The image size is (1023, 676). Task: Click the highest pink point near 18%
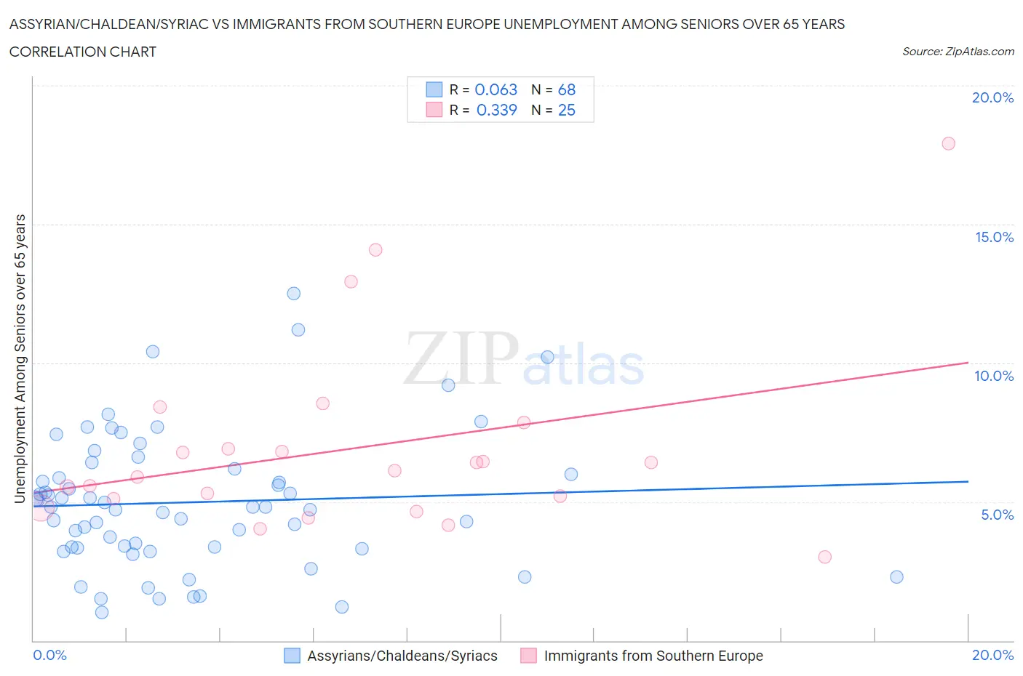pyautogui.click(x=948, y=143)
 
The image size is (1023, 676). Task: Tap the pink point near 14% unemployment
pyautogui.click(x=375, y=250)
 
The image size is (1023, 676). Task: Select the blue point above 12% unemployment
pyautogui.click(x=294, y=294)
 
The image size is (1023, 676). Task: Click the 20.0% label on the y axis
pyautogui.click(x=992, y=97)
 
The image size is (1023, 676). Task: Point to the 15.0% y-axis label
pyautogui.click(x=994, y=237)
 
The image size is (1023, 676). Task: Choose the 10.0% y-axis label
pyautogui.click(x=994, y=376)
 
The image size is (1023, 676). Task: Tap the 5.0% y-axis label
pyautogui.click(x=997, y=515)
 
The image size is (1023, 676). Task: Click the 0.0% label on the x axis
pyautogui.click(x=50, y=655)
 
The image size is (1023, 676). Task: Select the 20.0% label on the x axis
pyautogui.click(x=992, y=655)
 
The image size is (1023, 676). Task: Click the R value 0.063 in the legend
pyautogui.click(x=495, y=89)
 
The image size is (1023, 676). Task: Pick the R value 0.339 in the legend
pyautogui.click(x=496, y=110)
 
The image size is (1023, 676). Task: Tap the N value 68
pyautogui.click(x=567, y=89)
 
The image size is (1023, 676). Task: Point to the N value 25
pyautogui.click(x=567, y=110)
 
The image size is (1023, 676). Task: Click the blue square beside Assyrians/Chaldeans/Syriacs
pyautogui.click(x=292, y=656)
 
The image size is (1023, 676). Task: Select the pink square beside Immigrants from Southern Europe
pyautogui.click(x=528, y=656)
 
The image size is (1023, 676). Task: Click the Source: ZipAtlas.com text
pyautogui.click(x=958, y=52)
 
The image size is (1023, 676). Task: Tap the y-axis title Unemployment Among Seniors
pyautogui.click(x=20, y=358)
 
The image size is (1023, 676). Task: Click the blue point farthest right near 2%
pyautogui.click(x=896, y=577)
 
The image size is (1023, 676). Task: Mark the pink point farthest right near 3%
pyautogui.click(x=824, y=557)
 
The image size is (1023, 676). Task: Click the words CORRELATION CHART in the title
pyautogui.click(x=83, y=52)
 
